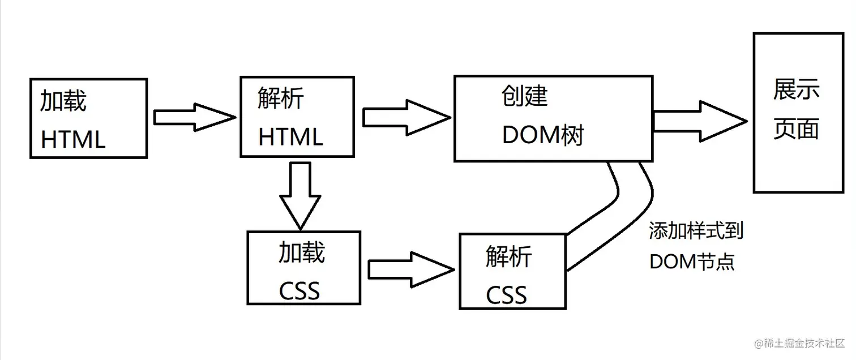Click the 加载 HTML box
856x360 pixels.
pos(88,118)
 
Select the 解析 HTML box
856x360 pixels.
pos(297,117)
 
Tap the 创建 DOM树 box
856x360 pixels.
pos(553,118)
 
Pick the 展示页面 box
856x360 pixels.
pos(798,113)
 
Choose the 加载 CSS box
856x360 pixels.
pos(304,268)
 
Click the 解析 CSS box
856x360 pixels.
pos(512,271)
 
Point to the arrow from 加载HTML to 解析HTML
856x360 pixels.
pos(194,118)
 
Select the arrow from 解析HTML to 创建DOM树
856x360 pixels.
pos(405,118)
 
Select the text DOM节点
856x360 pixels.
pos(692,262)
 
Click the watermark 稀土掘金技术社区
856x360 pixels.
pos(799,343)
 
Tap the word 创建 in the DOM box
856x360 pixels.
pos(525,96)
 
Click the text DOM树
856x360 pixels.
pos(542,136)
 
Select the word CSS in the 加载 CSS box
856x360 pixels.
pos(299,291)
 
